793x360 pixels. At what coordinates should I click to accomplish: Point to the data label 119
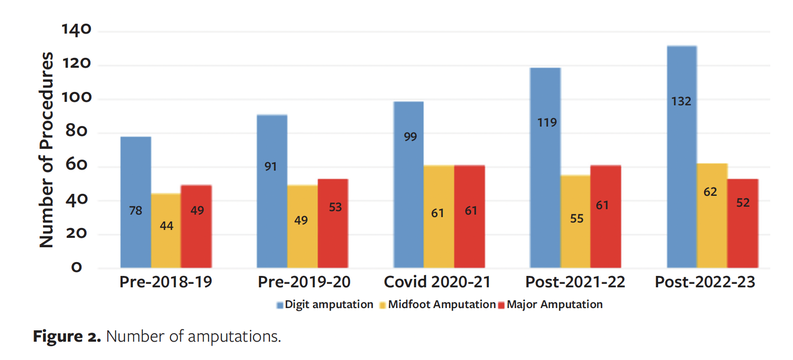(547, 123)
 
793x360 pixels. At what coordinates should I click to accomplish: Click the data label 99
(410, 137)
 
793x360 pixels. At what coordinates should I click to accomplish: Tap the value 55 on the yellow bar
(576, 219)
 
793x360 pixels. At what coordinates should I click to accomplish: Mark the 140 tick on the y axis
(77, 30)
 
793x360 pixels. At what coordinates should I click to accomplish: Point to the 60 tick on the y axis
(77, 165)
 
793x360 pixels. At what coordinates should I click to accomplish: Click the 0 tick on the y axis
(77, 268)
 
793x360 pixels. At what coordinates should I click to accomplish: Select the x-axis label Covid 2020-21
(437, 282)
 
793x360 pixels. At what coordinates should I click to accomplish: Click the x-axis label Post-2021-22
(575, 282)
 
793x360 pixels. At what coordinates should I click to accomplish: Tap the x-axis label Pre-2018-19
(166, 282)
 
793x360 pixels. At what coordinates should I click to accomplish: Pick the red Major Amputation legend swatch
(501, 305)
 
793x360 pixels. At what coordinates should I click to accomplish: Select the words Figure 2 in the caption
(67, 336)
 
